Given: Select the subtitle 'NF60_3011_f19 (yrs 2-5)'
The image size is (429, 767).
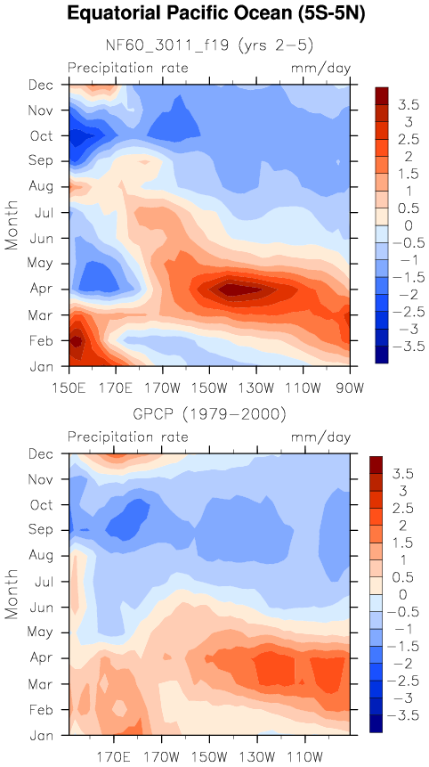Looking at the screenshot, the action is [x=209, y=45].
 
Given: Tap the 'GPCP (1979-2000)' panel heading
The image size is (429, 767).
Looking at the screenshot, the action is [x=209, y=415].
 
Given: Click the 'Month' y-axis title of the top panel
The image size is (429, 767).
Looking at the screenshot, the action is [x=12, y=225].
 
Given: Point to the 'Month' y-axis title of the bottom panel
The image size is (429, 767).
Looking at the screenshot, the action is [x=12, y=594].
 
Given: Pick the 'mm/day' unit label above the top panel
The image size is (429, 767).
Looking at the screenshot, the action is [x=321, y=68].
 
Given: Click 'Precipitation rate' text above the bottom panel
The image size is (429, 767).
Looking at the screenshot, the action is [x=128, y=437].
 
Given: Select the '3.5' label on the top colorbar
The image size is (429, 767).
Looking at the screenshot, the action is [x=408, y=104].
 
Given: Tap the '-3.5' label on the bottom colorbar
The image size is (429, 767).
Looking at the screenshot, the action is [x=402, y=715].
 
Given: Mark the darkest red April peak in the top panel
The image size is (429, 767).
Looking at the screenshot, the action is [x=237, y=290].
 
